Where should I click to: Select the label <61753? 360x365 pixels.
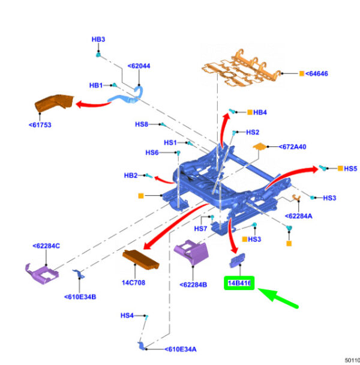coord(41,125)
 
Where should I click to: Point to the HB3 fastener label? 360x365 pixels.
coord(98,40)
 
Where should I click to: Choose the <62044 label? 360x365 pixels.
coord(139,67)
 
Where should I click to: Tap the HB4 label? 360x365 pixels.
coord(260,112)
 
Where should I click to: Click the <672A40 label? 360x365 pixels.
coord(292,146)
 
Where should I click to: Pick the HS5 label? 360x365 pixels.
coord(350,169)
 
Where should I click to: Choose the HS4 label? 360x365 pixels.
coord(127,315)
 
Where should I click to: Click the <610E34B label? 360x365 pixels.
coord(80,297)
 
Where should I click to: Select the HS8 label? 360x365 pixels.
coord(142,124)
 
